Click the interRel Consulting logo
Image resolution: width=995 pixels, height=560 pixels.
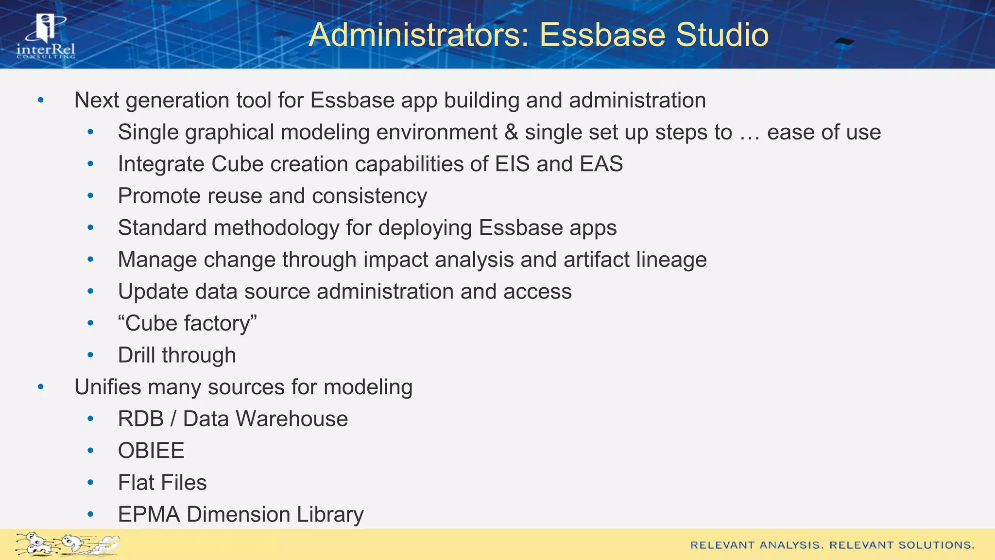46,36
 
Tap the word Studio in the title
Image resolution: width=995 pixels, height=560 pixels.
722,35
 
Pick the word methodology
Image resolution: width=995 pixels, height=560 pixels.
277,228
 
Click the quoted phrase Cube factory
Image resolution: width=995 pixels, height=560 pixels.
188,323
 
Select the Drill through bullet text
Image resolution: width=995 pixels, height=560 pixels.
177,355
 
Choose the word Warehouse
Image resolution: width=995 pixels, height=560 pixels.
292,419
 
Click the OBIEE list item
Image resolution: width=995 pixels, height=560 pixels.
151,451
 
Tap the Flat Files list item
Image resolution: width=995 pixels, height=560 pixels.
162,483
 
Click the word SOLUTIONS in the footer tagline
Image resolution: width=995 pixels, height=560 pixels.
936,545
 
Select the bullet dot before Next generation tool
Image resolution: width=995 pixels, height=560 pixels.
41,100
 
